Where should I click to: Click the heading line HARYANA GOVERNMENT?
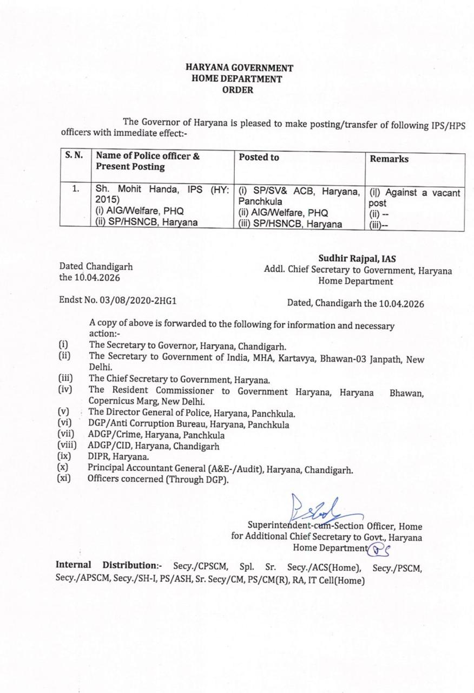(x=239, y=68)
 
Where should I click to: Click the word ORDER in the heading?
(x=238, y=90)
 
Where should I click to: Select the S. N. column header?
(x=74, y=155)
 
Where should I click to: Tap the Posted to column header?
(x=259, y=157)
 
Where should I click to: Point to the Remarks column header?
(x=389, y=159)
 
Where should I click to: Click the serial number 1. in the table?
(x=76, y=189)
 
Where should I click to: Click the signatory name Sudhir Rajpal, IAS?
(x=357, y=259)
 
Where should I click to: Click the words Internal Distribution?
(x=110, y=565)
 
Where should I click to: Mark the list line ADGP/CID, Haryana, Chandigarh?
(x=153, y=446)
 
